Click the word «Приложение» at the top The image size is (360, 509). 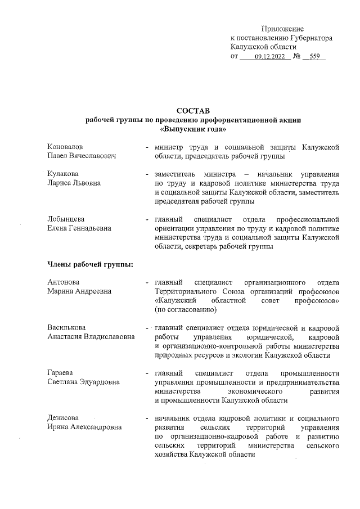pyautogui.click(x=282, y=28)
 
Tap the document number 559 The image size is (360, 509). pyautogui.click(x=314, y=57)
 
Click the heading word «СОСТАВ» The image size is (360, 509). pyautogui.click(x=193, y=110)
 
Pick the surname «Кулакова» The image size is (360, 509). pyautogui.click(x=63, y=174)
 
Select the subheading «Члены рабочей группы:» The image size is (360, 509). pyautogui.click(x=90, y=265)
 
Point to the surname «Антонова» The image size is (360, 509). pyautogui.click(x=64, y=282)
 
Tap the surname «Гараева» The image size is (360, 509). pyautogui.click(x=61, y=373)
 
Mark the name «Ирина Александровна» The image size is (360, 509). pyautogui.click(x=84, y=427)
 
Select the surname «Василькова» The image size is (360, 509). pyautogui.click(x=66, y=327)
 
